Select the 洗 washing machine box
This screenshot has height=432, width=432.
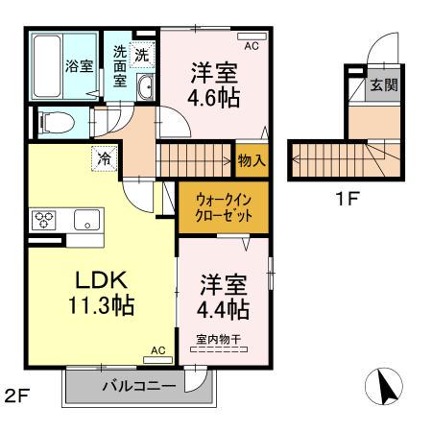click(141, 55)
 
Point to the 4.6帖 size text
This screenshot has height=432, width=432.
click(213, 97)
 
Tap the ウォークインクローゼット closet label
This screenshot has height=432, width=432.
click(224, 208)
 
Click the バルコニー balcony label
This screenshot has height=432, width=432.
click(139, 386)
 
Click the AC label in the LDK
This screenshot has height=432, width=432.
click(158, 351)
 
